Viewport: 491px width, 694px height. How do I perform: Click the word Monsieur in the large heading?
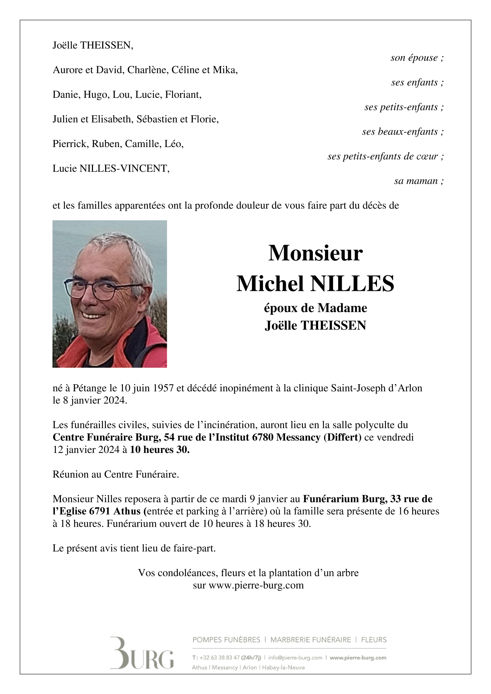[x=315, y=253]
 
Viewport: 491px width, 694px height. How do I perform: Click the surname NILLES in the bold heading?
[x=352, y=284]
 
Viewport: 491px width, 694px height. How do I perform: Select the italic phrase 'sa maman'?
[x=416, y=181]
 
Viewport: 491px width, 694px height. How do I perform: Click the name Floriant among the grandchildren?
[x=183, y=94]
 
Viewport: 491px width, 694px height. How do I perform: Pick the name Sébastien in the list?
[x=156, y=119]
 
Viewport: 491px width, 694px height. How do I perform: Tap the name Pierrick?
[x=71, y=144]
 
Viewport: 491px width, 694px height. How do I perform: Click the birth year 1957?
[x=164, y=388]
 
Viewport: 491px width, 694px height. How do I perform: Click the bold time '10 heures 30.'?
[x=160, y=450]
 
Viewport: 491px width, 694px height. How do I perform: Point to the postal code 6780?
[x=263, y=437]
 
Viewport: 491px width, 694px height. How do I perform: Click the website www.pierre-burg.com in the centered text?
[x=256, y=585]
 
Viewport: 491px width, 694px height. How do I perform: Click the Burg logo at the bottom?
[x=141, y=653]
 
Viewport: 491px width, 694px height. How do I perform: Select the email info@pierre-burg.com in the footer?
[x=295, y=658]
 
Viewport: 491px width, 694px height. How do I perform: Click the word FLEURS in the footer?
[x=374, y=640]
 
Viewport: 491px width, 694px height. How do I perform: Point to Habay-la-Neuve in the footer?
[x=284, y=667]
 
